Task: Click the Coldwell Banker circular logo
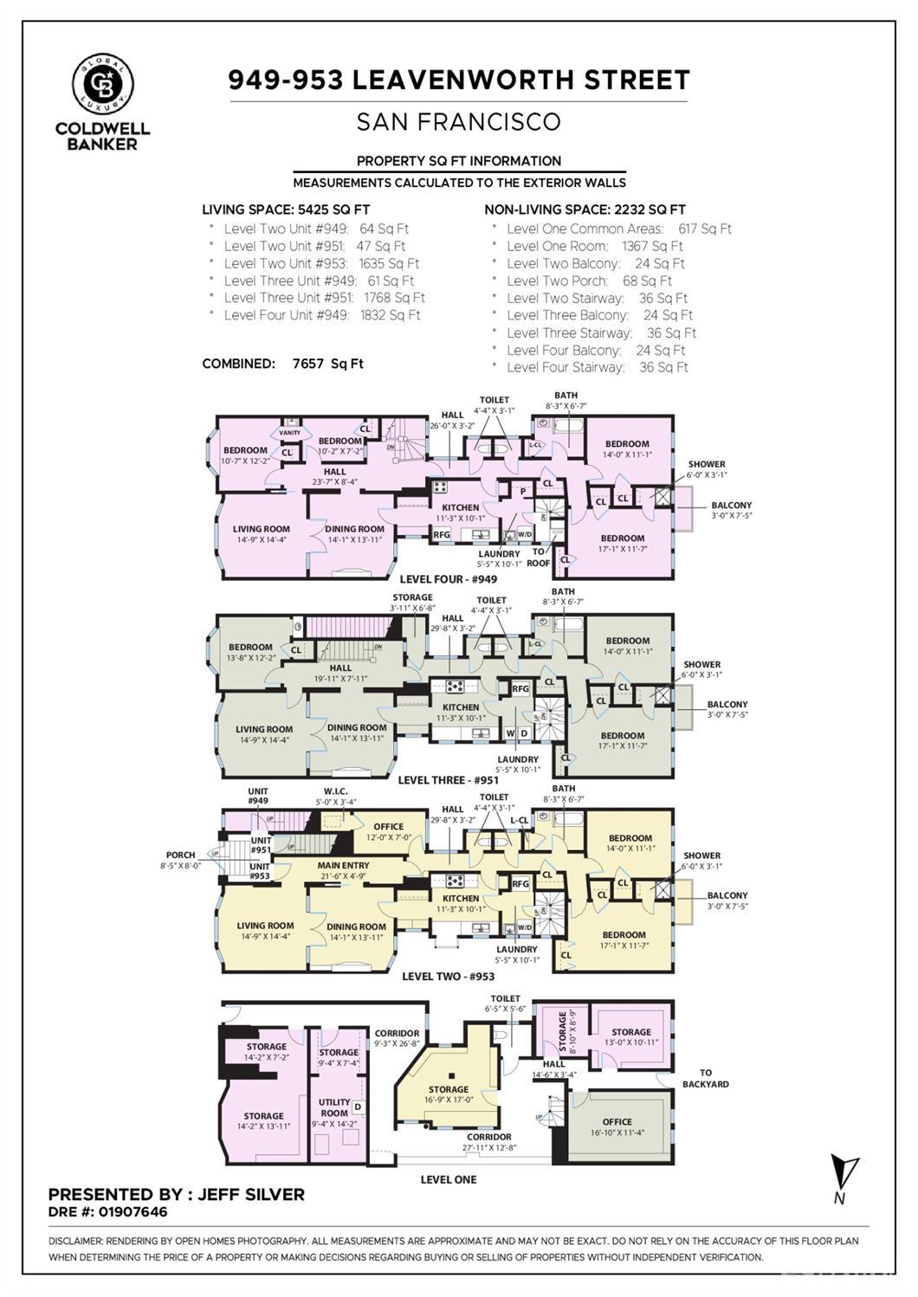(102, 84)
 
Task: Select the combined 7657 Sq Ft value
(327, 364)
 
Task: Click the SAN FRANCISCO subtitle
(458, 122)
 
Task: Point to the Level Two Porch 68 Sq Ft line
(589, 281)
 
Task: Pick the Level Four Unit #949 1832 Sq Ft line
(321, 315)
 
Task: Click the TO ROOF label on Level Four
(539, 557)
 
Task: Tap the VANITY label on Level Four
(289, 433)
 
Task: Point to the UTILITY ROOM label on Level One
(334, 1107)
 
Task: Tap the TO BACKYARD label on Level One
(705, 1078)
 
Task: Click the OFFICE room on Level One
(617, 1126)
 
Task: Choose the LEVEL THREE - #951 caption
(447, 780)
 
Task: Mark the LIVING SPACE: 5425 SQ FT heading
(286, 210)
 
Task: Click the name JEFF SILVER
(251, 1195)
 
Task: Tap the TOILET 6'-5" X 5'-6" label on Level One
(506, 1003)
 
